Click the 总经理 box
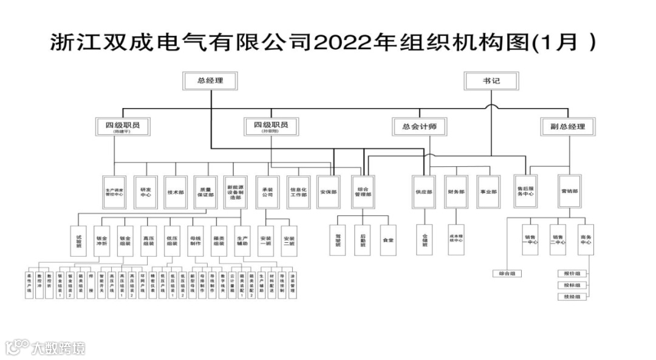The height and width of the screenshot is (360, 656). [x=210, y=81]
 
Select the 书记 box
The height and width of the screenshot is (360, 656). [x=491, y=81]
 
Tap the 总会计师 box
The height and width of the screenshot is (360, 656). [x=419, y=126]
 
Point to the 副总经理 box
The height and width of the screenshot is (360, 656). [x=568, y=126]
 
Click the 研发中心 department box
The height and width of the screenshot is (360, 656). [x=146, y=192]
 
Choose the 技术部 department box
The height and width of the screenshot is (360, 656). [x=176, y=192]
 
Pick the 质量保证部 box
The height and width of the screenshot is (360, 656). [x=205, y=192]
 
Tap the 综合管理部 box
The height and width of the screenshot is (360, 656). [x=364, y=192]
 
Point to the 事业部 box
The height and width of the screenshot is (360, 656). [x=488, y=192]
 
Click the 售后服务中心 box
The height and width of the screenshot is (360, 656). [x=525, y=192]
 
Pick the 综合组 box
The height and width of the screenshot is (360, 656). [x=507, y=274]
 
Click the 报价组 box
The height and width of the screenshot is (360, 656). [x=572, y=274]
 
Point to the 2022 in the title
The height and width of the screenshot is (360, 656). [x=341, y=43]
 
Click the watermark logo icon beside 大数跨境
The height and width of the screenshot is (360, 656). [x=16, y=347]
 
